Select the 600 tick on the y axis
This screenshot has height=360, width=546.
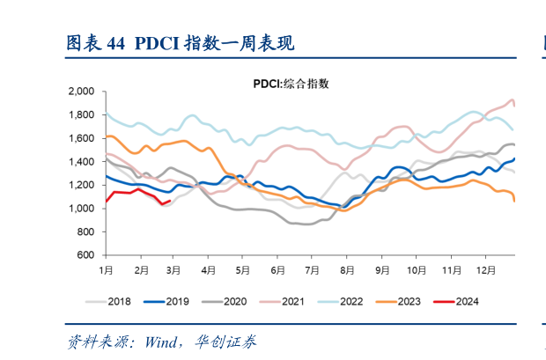coord(87,255)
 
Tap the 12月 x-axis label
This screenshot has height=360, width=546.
coord(483,268)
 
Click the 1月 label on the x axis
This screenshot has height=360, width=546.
coord(106,268)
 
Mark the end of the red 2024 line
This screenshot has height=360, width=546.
coord(169,201)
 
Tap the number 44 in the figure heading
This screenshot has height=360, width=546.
coord(115,43)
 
